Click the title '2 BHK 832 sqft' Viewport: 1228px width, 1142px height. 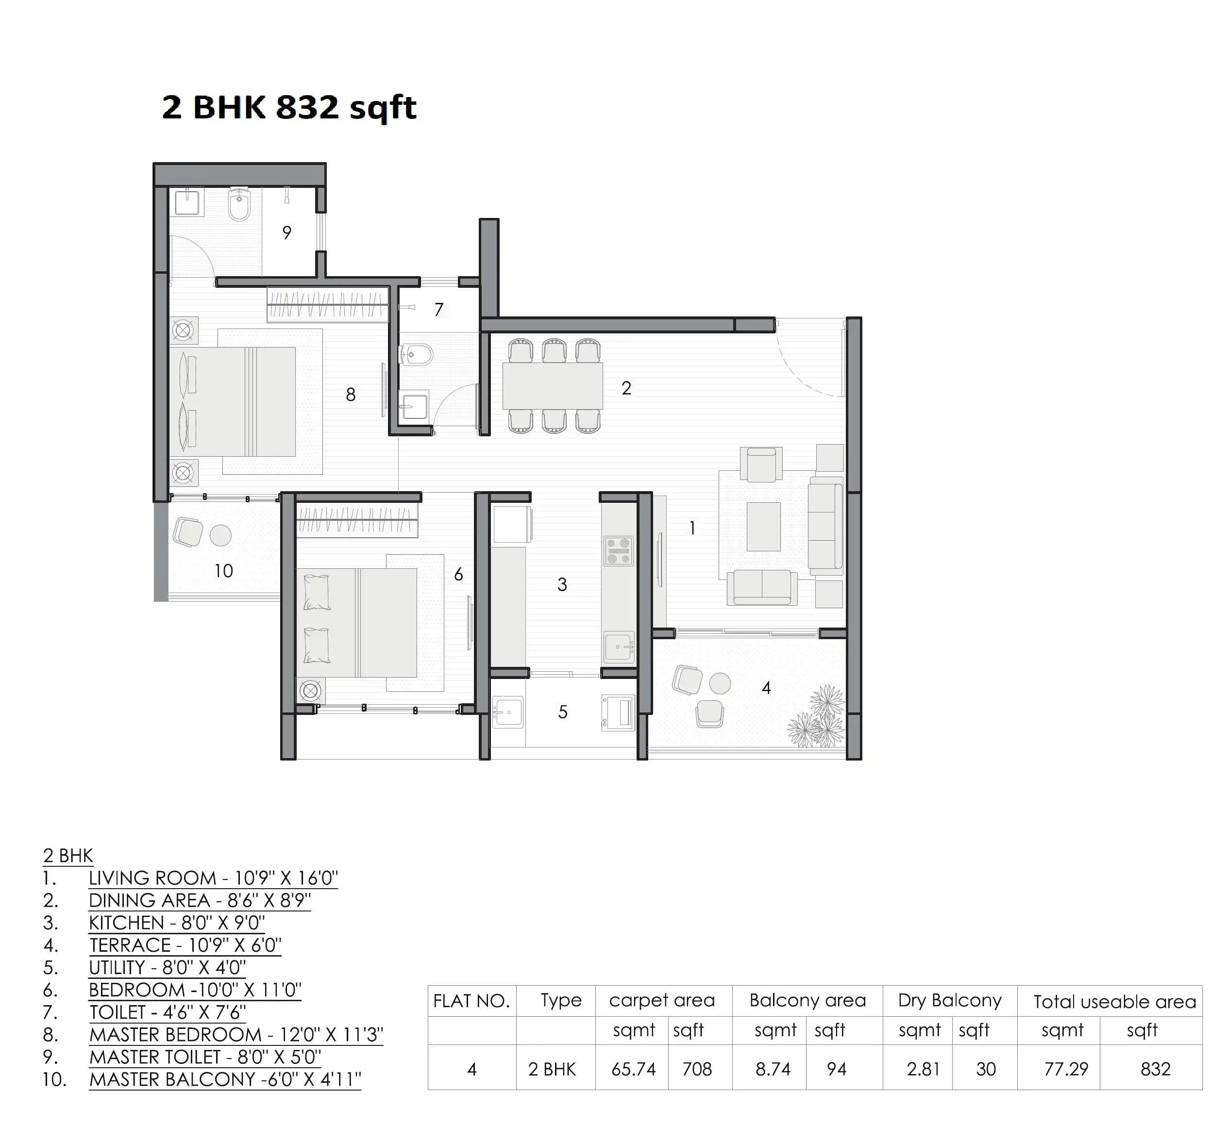coord(289,107)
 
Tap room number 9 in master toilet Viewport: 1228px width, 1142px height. coord(286,233)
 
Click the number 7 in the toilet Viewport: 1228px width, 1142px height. coord(438,309)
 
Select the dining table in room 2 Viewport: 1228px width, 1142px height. coord(552,386)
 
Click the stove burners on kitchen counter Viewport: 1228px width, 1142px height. coord(618,551)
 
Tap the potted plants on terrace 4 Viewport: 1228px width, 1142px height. coord(819,719)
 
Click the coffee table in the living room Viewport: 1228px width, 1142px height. coord(763,527)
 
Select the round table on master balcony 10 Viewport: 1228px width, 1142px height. coord(220,535)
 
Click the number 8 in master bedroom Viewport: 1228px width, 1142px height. coord(350,395)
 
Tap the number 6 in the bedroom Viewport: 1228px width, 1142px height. coord(458,575)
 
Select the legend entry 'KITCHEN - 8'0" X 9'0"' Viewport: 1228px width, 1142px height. coord(177,923)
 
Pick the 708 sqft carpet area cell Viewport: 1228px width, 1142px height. coord(697,1069)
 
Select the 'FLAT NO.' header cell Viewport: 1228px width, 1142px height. coord(471,1001)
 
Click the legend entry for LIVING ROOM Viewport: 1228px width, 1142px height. coord(213,878)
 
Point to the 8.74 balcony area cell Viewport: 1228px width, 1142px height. coord(773,1069)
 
